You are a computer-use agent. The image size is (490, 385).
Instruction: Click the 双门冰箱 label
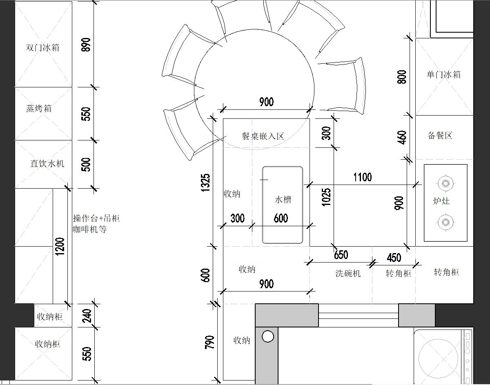coord(42,47)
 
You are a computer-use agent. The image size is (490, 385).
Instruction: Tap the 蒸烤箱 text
coord(39,109)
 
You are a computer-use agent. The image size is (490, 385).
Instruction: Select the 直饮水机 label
coord(47,163)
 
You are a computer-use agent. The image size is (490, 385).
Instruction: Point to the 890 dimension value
coord(86,45)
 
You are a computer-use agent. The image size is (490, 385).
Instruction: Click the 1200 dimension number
coord(60,246)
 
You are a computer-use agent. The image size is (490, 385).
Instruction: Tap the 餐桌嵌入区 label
coord(263,136)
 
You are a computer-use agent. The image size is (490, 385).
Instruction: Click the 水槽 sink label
coord(283,200)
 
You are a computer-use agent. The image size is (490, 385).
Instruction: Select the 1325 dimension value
coord(205,182)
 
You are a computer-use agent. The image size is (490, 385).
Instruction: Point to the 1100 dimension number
coord(362,177)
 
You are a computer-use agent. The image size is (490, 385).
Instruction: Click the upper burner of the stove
coord(445,183)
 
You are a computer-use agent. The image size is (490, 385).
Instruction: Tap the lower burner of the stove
coord(445,223)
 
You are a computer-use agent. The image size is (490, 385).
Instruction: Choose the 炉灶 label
coord(441,201)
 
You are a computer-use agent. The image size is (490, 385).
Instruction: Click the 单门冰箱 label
coord(443,74)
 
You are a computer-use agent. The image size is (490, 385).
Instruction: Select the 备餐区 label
coord(440,136)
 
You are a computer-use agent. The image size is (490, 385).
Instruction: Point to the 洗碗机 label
coord(348,274)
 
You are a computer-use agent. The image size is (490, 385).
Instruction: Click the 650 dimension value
coord(341,255)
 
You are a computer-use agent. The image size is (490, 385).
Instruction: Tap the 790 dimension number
coord(209,343)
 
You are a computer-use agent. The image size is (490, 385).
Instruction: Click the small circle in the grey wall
coord(268,337)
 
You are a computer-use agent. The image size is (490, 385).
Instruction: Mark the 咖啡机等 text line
coord(90,229)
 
